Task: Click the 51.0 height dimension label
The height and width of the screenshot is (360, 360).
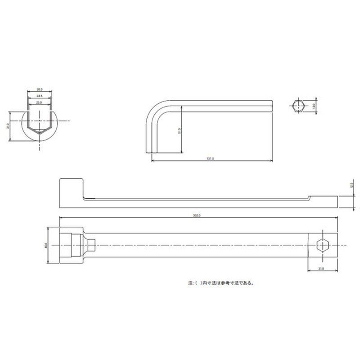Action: point(180,131)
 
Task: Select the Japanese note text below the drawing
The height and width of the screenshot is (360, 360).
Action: point(221,283)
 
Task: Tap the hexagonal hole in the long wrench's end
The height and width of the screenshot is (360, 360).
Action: point(323,245)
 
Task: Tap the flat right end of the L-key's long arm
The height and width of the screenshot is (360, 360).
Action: point(272,106)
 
